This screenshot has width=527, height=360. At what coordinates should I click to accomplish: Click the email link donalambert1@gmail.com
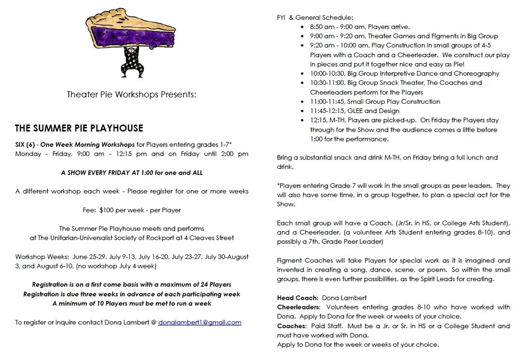click(x=199, y=322)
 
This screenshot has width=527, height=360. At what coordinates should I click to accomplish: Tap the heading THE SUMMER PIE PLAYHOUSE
click(x=79, y=128)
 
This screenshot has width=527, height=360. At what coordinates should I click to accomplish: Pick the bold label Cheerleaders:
click(x=299, y=307)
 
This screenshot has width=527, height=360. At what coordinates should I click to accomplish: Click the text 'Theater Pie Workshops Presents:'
click(x=132, y=94)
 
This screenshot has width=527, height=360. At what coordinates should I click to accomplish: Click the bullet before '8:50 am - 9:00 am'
click(x=302, y=27)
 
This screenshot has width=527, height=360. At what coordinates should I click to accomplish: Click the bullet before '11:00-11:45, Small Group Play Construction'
click(x=302, y=102)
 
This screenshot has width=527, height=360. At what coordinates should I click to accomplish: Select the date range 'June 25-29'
click(x=88, y=256)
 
